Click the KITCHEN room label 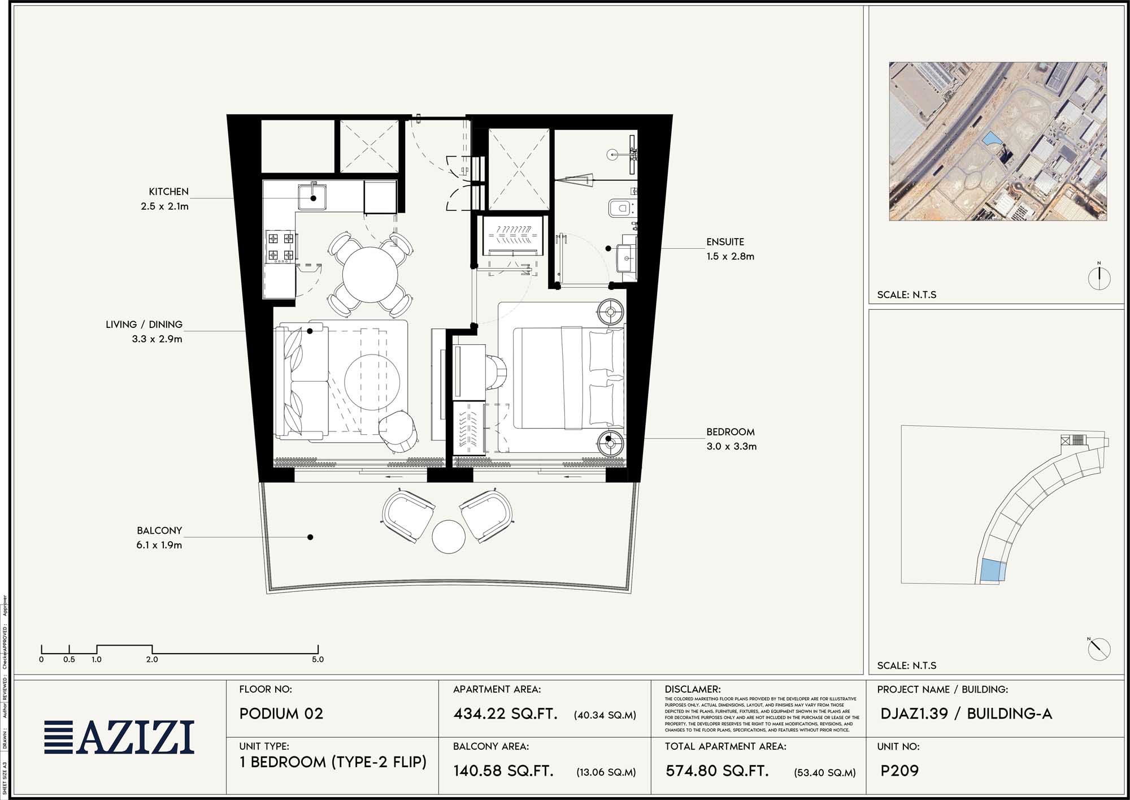click(168, 192)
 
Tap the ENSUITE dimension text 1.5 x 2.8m click(730, 256)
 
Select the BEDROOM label click(730, 432)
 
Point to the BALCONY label click(159, 530)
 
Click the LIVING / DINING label click(144, 325)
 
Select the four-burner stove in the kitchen click(281, 247)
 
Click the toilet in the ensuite click(620, 208)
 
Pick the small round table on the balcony click(449, 537)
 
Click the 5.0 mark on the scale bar click(318, 659)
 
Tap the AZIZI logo click(120, 737)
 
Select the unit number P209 click(899, 771)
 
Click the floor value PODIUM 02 click(281, 713)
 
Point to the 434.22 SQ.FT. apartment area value click(505, 714)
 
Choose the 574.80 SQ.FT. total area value click(717, 771)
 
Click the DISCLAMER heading click(693, 690)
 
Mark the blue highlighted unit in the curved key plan click(990, 569)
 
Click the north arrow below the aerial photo click(1099, 278)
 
